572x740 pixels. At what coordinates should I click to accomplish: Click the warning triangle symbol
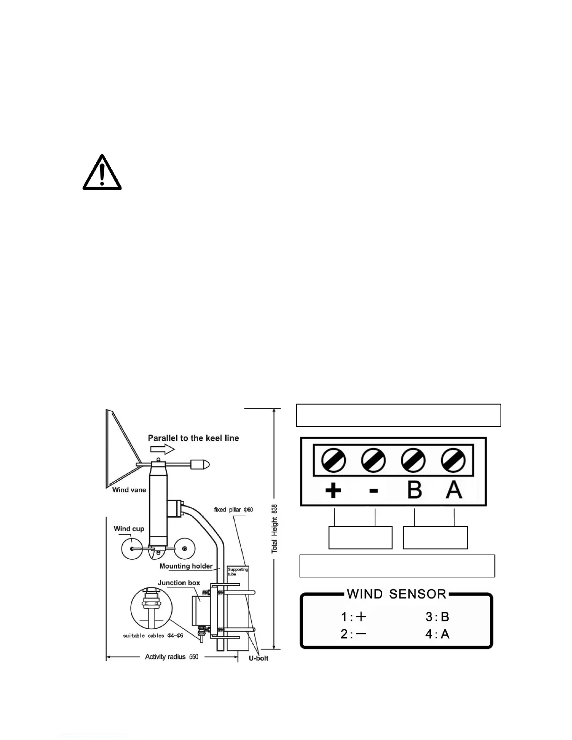point(102,173)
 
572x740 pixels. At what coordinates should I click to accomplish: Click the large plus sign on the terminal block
point(333,491)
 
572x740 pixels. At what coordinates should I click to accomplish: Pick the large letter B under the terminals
point(414,490)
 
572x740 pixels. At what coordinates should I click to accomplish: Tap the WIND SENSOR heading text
point(396,594)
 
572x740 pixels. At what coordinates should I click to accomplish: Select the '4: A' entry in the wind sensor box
point(437,634)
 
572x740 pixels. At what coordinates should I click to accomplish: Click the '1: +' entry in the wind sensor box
point(354,617)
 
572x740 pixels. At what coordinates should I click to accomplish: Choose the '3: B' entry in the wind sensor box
point(437,617)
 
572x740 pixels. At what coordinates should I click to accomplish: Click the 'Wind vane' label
point(129,490)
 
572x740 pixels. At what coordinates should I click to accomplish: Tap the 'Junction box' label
point(179,583)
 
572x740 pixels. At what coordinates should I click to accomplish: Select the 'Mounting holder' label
point(186,566)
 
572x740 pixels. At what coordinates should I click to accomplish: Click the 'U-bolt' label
point(257,658)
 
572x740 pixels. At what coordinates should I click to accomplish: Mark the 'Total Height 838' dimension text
point(275,528)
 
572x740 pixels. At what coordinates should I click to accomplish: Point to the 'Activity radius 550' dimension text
point(172,657)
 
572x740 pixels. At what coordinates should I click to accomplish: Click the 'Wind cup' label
point(129,529)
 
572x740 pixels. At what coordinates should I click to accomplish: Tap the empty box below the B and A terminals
point(436,538)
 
